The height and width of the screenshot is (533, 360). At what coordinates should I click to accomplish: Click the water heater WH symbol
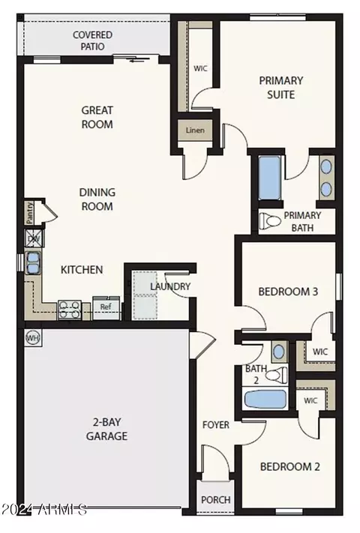point(33,338)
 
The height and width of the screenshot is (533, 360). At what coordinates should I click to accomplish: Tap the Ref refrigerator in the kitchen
point(106,307)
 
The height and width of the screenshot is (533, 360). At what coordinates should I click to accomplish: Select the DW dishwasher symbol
point(34,238)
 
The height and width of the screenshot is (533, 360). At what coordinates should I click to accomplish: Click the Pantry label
point(30,213)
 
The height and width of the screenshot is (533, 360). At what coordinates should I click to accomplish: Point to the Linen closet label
point(195,130)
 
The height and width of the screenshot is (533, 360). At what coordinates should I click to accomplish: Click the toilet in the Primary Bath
point(270,221)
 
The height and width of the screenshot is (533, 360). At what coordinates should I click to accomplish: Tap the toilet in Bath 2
point(276,376)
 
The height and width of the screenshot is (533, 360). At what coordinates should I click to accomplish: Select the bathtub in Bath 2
point(265,400)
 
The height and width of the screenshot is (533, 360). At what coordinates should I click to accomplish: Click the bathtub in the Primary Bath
point(269,178)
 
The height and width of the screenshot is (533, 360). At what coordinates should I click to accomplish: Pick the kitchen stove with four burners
point(70,310)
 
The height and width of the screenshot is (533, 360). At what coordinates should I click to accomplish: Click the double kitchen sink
point(33,263)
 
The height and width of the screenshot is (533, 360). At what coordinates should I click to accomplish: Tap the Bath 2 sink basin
point(279,352)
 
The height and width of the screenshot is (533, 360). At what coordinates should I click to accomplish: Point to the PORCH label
point(216,500)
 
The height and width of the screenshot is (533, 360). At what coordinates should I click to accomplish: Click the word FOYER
point(216,425)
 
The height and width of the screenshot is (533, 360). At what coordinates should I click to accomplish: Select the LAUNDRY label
point(170,286)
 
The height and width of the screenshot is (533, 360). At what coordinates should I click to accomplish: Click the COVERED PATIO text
point(92,40)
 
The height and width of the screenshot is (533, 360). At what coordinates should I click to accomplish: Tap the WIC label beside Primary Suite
point(200,68)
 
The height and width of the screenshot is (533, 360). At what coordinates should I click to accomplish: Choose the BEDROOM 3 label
point(288,292)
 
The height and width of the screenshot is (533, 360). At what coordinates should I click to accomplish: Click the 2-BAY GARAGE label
point(106,429)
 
